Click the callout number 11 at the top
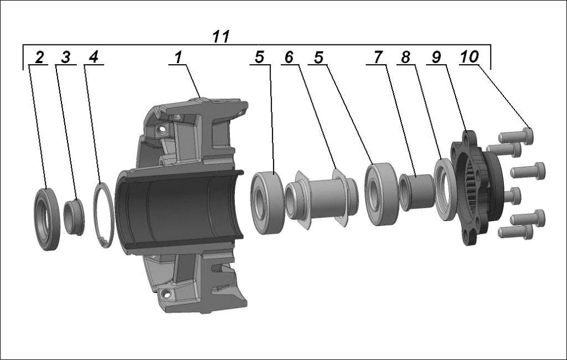pos(220,37)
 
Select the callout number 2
pos(39,57)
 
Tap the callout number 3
pos(65,57)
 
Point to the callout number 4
pos(94,57)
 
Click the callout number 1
pos(178,57)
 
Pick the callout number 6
pos(289,57)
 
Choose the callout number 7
pos(378,57)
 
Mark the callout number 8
pos(406,57)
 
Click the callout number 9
pos(436,57)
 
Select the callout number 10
pos(470,57)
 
